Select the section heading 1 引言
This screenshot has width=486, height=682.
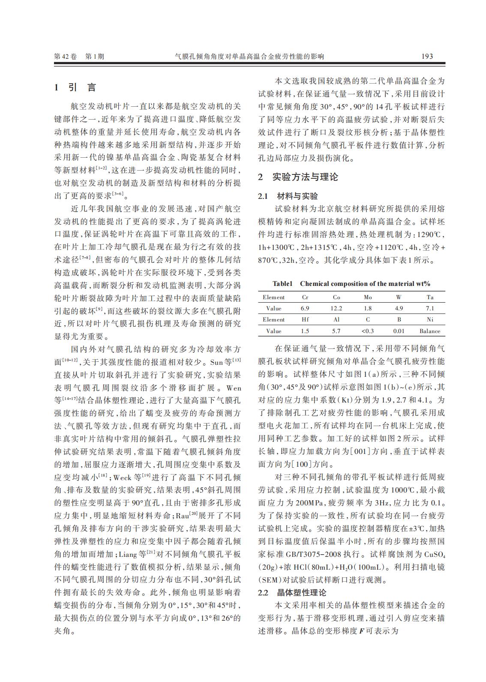(75, 87)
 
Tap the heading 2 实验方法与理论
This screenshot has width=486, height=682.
(298, 177)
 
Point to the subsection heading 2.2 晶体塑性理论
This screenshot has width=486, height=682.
(292, 592)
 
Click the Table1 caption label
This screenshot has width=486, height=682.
(282, 283)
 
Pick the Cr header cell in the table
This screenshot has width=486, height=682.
(305, 297)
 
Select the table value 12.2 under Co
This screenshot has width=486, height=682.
(336, 308)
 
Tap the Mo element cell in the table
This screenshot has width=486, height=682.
(368, 297)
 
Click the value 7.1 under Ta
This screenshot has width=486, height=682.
(430, 308)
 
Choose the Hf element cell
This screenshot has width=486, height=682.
(305, 319)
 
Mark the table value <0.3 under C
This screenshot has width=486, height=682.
(368, 331)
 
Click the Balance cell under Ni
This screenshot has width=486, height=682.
(430, 331)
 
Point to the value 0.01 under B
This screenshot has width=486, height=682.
(399, 331)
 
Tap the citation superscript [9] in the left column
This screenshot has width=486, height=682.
(99, 309)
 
